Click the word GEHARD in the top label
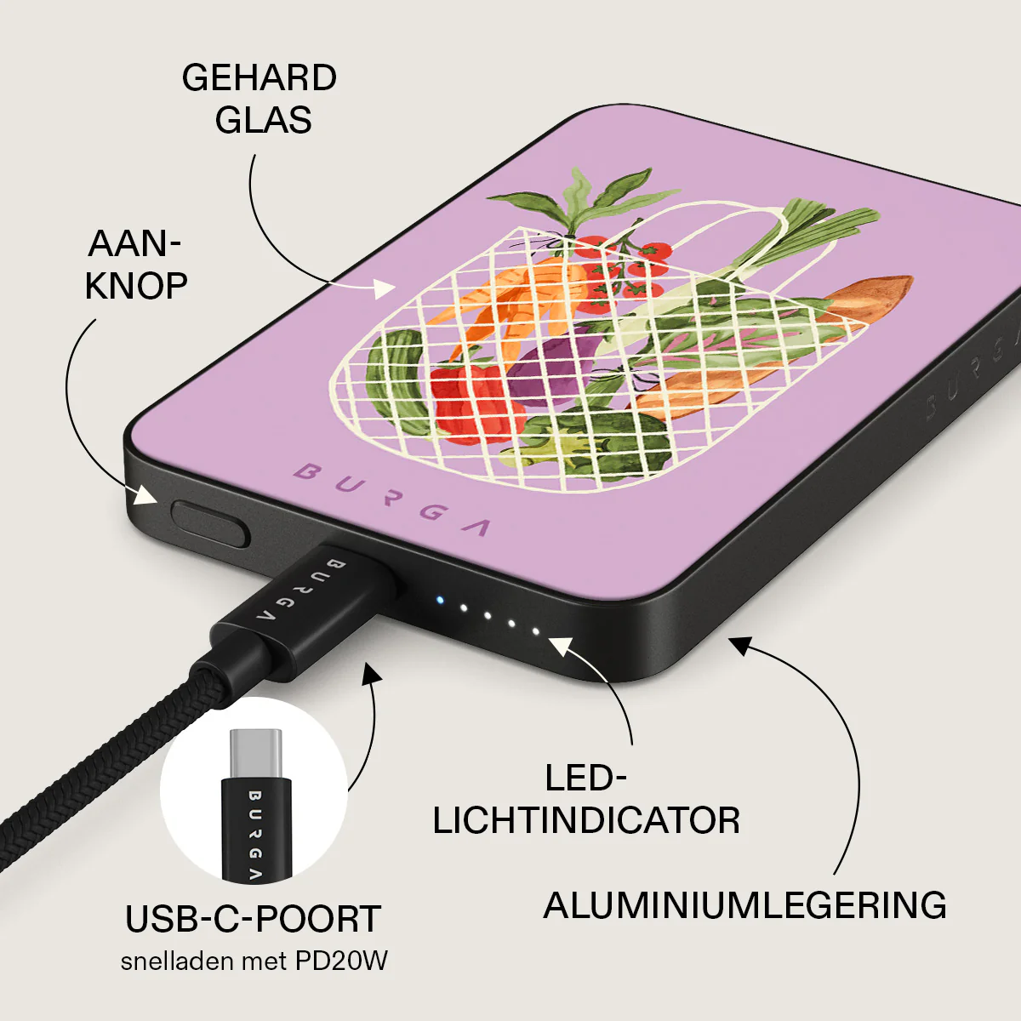(x=260, y=78)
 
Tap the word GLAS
(x=263, y=119)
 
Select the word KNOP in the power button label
(x=135, y=286)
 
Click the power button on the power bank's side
(x=210, y=523)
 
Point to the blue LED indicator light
(x=439, y=601)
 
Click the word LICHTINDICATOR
(x=586, y=821)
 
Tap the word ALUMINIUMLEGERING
(x=745, y=905)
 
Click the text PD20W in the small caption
(x=341, y=961)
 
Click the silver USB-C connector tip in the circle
(x=255, y=753)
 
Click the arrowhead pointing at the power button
(x=144, y=495)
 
